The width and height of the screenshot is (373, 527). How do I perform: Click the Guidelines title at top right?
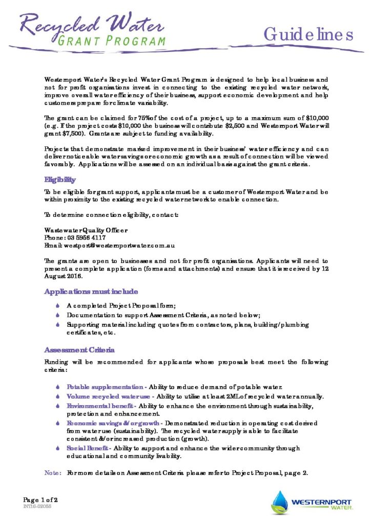308,34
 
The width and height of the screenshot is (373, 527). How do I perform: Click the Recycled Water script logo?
92,26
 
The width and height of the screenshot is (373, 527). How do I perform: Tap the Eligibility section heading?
60,180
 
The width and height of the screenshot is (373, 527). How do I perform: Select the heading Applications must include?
91,292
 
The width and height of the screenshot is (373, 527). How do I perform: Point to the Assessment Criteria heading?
79,350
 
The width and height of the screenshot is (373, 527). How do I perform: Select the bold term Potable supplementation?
105,387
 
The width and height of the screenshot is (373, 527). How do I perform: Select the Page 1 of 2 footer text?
40,499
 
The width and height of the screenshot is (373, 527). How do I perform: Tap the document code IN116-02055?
37,507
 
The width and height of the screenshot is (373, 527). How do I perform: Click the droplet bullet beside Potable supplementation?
58,387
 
